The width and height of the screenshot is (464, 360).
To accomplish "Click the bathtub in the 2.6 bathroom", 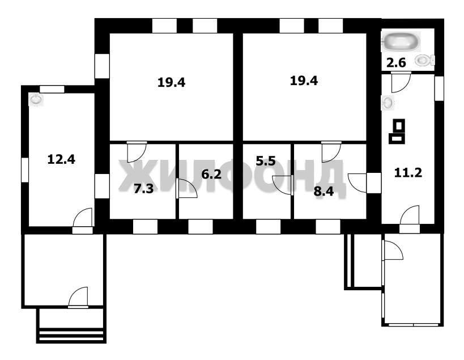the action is click(401, 41).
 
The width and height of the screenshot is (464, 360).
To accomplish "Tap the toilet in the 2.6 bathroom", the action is click(425, 61).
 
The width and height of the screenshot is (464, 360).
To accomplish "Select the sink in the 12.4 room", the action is click(36, 99).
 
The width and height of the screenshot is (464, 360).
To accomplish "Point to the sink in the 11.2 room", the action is click(388, 103).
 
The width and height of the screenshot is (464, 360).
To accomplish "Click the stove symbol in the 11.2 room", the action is click(397, 131).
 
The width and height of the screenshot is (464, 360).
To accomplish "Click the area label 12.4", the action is click(61, 159).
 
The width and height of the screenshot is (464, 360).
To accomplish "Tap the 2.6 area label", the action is click(396, 63).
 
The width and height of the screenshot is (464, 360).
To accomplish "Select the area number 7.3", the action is click(143, 189).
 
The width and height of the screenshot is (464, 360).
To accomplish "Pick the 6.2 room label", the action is click(211, 174).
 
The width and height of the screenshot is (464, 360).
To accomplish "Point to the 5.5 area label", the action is click(266, 161).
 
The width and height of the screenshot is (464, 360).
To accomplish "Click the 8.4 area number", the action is click(323, 191).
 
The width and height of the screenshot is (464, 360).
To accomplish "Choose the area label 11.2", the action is click(408, 172).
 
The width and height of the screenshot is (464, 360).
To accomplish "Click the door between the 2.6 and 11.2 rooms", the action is click(401, 82).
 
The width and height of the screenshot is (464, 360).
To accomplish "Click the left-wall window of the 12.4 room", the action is click(25, 170).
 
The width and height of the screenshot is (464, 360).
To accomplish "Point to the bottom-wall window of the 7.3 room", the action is click(145, 227).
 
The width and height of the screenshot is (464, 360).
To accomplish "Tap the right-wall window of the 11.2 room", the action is click(439, 88).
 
